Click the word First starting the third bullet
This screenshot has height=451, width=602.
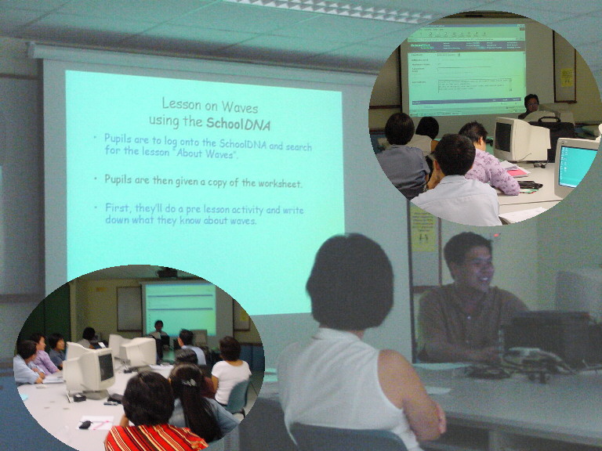tap(118, 209)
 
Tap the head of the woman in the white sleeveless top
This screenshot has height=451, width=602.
tap(350, 280)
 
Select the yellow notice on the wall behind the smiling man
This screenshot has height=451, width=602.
tap(423, 228)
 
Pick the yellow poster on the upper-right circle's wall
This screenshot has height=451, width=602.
tap(566, 77)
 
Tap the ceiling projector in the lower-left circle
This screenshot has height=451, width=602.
tap(166, 273)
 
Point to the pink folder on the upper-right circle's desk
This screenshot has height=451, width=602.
tap(517, 171)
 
